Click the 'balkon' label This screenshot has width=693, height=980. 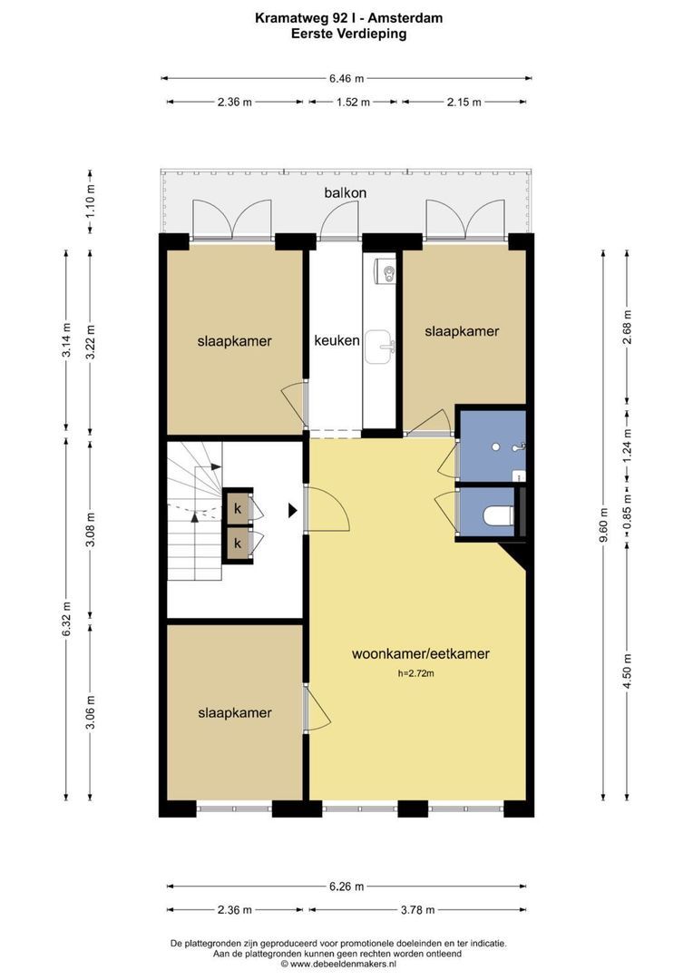pos(345,192)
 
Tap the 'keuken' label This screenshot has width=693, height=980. pos(337,340)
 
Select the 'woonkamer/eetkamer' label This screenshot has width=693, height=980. pos(421,653)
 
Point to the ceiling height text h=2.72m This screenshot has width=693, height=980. pos(415,673)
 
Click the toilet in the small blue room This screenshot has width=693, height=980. pos(498,515)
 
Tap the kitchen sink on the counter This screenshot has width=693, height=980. pos(381,347)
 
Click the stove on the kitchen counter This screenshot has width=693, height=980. pos(385,271)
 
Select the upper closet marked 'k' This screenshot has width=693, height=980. pos(238,508)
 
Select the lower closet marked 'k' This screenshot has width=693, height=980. pos(238,544)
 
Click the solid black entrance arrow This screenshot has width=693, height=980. pos(292,511)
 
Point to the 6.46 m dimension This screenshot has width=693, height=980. pos(346,79)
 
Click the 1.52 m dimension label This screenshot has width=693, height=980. pos(353,102)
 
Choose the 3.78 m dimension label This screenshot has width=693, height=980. pos(417,910)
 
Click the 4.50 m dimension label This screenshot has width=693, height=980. pos(628,671)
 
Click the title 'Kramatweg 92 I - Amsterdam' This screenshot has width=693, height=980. pos(348,18)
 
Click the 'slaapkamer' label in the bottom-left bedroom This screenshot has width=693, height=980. pos(235,713)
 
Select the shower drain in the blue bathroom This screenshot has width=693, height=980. pos(495,447)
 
